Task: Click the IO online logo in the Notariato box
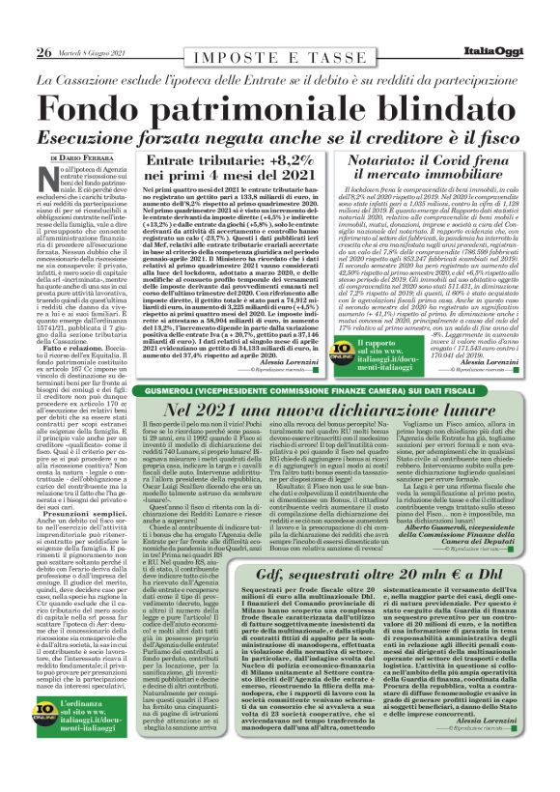point(369,345)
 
